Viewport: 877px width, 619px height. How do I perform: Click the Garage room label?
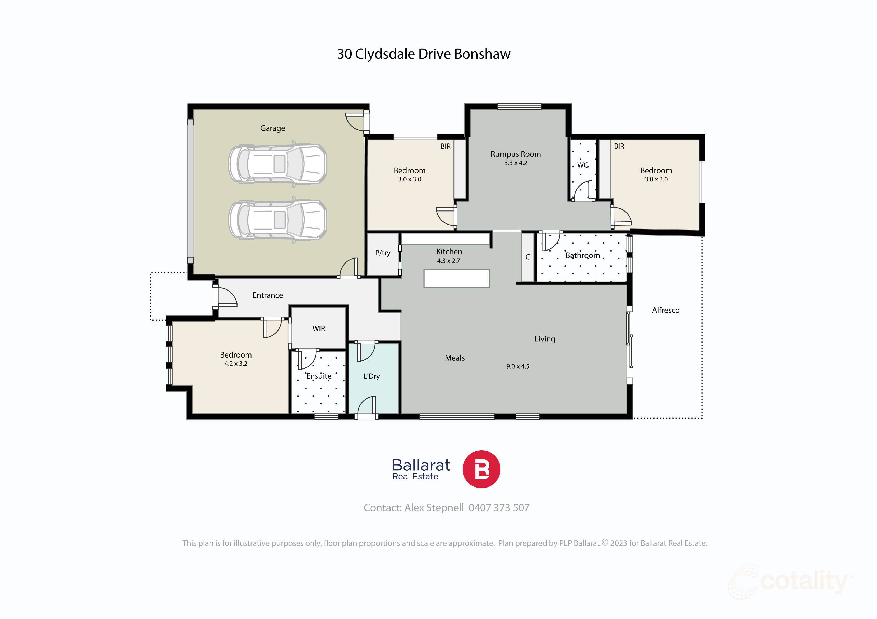(272, 128)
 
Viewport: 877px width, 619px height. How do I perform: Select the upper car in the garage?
(278, 164)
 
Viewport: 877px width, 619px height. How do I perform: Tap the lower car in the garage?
(278, 220)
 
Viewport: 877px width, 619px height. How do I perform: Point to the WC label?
(582, 165)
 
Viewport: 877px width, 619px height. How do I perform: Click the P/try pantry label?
(382, 253)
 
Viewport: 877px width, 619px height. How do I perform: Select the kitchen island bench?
(456, 278)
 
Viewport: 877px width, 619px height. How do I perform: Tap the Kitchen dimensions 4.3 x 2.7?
(449, 261)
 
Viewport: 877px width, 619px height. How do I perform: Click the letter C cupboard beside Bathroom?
(527, 257)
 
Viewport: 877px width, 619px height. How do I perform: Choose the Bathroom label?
(582, 255)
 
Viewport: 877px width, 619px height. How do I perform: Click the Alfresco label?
(665, 310)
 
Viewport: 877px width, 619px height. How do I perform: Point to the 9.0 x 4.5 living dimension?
(518, 366)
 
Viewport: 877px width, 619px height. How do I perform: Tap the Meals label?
(455, 358)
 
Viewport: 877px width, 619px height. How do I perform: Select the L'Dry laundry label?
(371, 376)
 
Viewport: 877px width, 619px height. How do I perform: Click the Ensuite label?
(318, 376)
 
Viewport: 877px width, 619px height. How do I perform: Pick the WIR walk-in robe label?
(318, 329)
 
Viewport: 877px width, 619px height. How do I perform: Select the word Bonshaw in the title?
(482, 54)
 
